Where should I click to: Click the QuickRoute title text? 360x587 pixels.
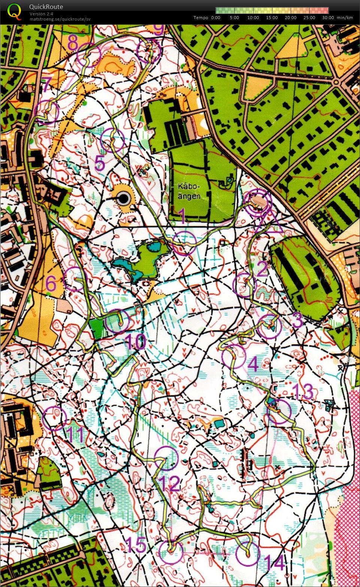click(x=46, y=7)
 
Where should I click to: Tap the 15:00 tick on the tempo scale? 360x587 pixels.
click(x=272, y=18)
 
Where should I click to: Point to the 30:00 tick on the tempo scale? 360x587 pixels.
click(x=328, y=18)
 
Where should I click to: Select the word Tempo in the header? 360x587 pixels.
click(x=201, y=18)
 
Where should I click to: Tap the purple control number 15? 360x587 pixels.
click(x=136, y=545)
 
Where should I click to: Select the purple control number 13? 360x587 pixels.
click(x=303, y=392)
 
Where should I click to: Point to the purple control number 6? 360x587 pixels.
click(x=51, y=284)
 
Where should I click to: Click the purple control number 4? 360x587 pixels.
click(x=254, y=364)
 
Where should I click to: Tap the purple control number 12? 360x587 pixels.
click(x=170, y=485)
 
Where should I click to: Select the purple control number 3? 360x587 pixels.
click(x=297, y=320)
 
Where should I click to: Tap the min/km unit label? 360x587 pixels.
click(x=345, y=18)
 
